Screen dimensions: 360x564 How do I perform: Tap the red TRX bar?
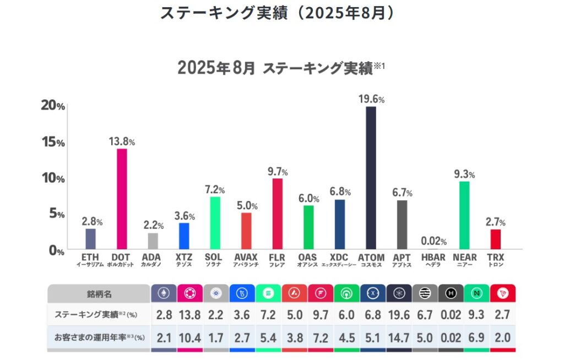pyautogui.click(x=496, y=239)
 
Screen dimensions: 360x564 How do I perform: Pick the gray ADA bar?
pyautogui.click(x=153, y=241)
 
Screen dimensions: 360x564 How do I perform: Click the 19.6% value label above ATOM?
pyautogui.click(x=371, y=99)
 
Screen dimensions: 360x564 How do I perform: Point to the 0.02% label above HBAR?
pyautogui.click(x=433, y=241)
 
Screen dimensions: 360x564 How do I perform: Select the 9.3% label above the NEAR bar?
pyautogui.click(x=464, y=174)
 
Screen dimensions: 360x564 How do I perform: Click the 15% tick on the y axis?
pyautogui.click(x=53, y=141)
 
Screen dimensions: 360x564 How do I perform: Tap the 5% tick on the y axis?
pyautogui.click(x=55, y=214)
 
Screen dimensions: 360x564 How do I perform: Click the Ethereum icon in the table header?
pyautogui.click(x=164, y=293)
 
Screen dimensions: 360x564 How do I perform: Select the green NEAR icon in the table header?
pyautogui.click(x=476, y=293)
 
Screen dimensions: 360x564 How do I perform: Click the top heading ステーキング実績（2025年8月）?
pyautogui.click(x=278, y=13)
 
